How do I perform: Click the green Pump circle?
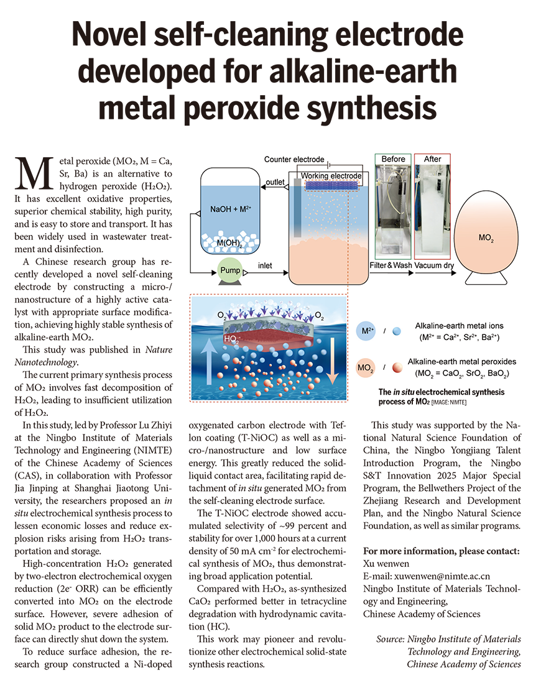click(x=229, y=271)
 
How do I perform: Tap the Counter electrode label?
click(x=294, y=160)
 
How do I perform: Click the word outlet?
click(x=275, y=182)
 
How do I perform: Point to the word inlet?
click(x=265, y=266)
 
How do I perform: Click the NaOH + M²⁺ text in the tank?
click(x=231, y=209)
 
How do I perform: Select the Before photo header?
click(x=393, y=159)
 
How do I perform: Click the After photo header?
click(x=432, y=159)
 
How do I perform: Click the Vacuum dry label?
click(x=434, y=265)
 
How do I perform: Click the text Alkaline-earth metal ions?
click(x=460, y=326)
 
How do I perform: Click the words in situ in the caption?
click(x=405, y=392)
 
